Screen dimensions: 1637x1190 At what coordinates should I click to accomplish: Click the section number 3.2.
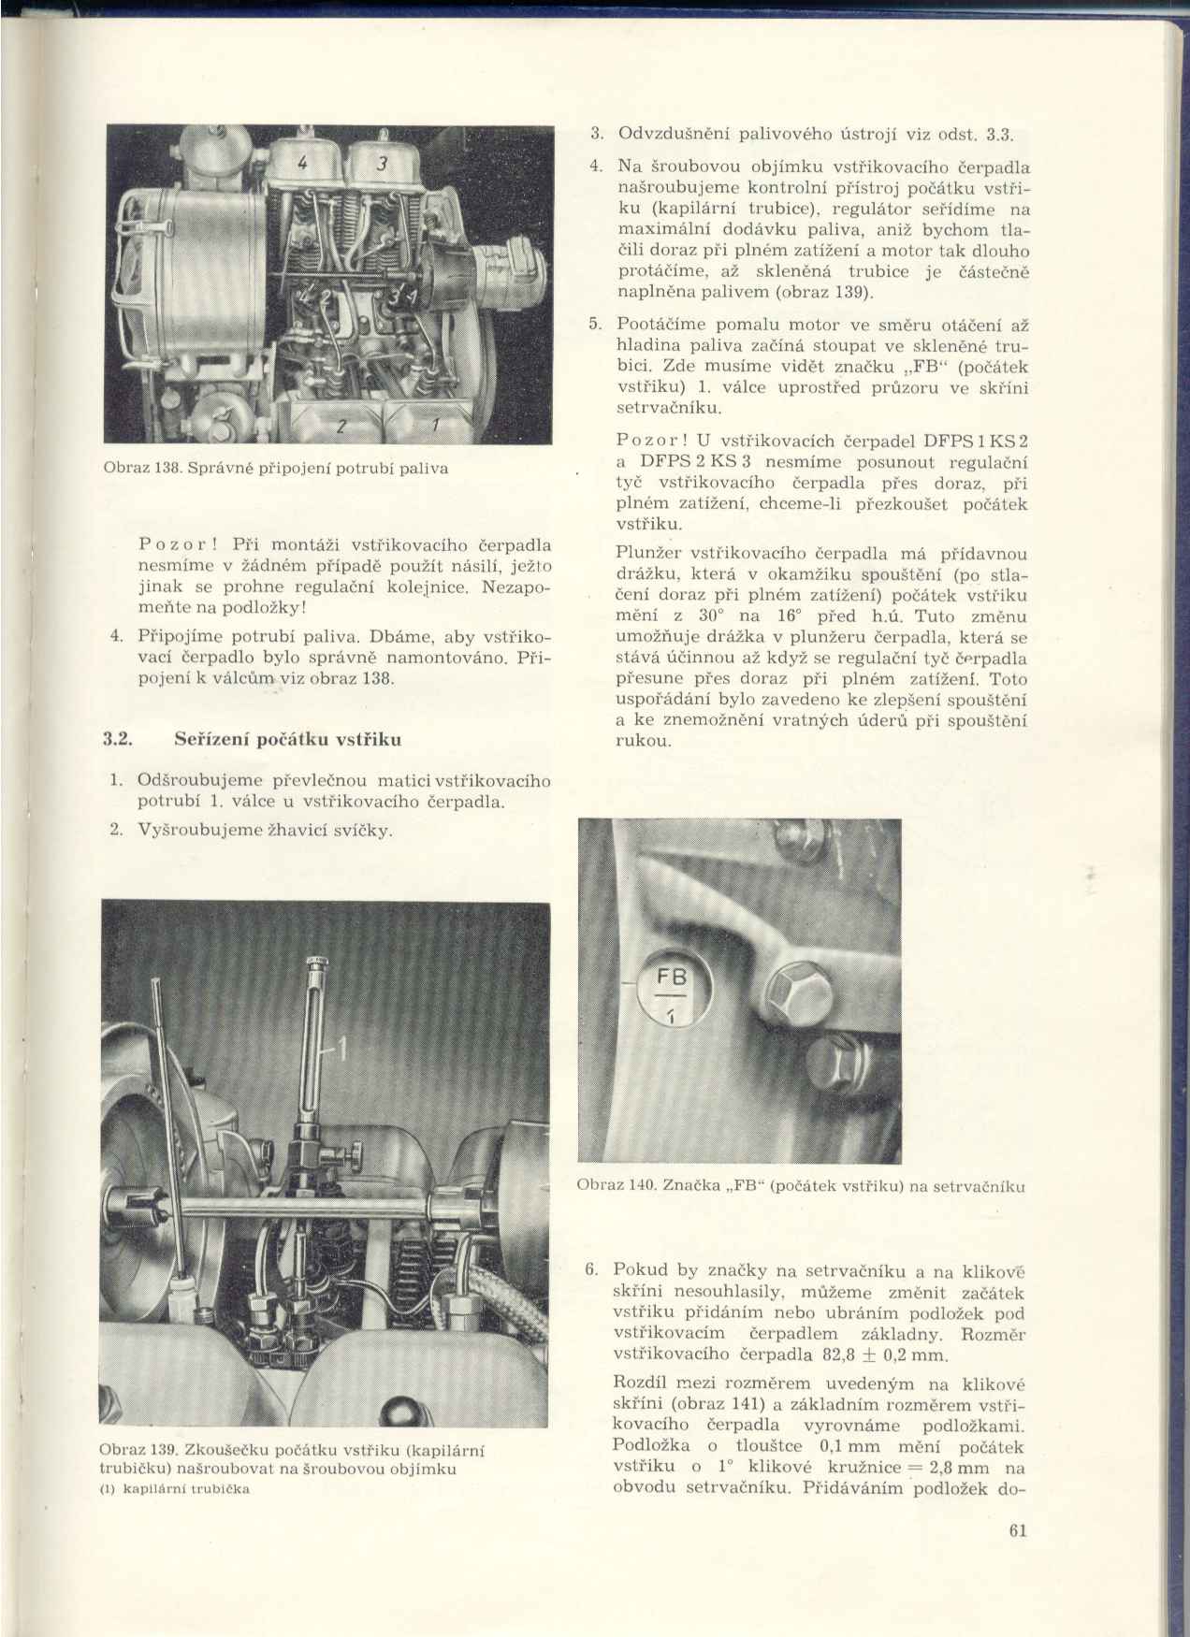[115, 739]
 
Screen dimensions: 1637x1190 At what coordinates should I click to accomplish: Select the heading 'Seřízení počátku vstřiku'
[288, 739]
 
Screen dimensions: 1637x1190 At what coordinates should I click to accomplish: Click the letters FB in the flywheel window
[672, 977]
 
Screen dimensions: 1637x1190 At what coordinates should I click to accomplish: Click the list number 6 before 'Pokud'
[590, 1270]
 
